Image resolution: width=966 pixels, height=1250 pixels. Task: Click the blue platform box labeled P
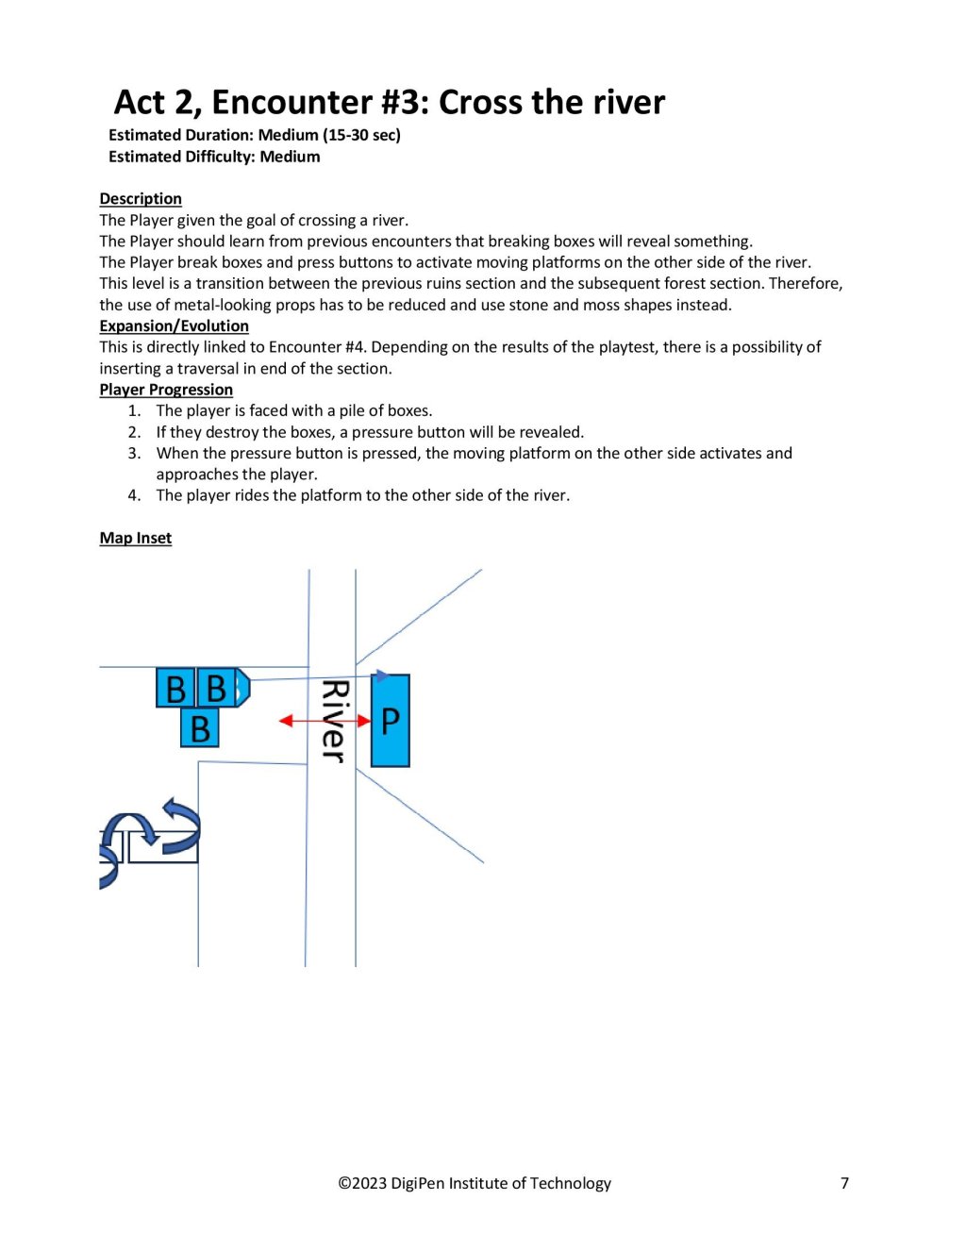(x=390, y=721)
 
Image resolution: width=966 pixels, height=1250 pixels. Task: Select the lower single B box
(x=200, y=729)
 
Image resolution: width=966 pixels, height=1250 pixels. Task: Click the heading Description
(x=141, y=199)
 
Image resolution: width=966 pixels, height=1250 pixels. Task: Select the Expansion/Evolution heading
(x=175, y=326)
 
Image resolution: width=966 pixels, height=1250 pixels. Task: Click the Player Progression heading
(x=166, y=390)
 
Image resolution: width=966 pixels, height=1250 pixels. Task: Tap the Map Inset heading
(x=136, y=538)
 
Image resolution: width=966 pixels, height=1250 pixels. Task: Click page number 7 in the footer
(x=844, y=1183)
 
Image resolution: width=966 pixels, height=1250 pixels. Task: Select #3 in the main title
(x=405, y=102)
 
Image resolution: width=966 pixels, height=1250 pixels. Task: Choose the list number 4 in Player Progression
(x=135, y=495)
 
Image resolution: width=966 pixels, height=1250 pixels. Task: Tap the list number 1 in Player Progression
(x=135, y=410)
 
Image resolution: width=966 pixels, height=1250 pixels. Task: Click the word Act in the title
(x=140, y=102)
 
